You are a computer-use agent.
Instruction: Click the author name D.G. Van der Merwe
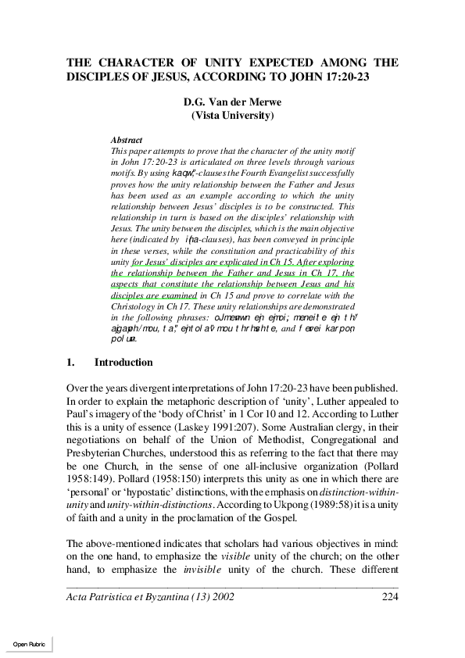click(232, 102)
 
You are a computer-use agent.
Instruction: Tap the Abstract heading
click(127, 139)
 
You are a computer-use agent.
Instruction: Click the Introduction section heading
click(123, 363)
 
